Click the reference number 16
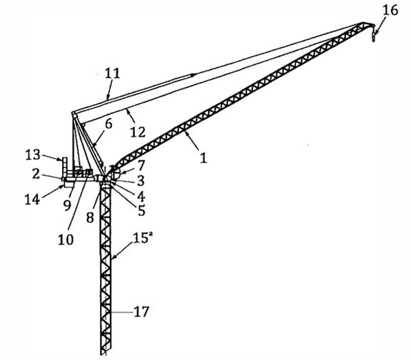[x=390, y=11]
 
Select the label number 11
[x=113, y=74]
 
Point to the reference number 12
[x=138, y=132]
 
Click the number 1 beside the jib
[x=203, y=159]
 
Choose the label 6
[x=108, y=124]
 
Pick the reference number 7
[x=141, y=165]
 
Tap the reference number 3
[x=141, y=181]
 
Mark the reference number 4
[x=141, y=196]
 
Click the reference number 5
[x=141, y=211]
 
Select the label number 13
[x=33, y=155]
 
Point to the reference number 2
[x=36, y=174]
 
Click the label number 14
[x=32, y=199]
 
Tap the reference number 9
[x=67, y=205]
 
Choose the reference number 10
[x=66, y=239]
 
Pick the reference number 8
[x=90, y=218]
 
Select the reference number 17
[x=141, y=311]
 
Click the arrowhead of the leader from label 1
[x=186, y=134]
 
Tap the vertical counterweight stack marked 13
[x=64, y=167]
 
